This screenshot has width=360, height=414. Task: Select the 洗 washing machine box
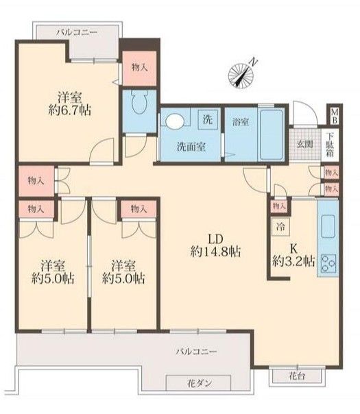click(208, 120)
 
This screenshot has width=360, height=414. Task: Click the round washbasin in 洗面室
click(175, 121)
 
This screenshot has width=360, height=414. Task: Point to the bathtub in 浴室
click(272, 134)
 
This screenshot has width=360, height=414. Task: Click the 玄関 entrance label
click(304, 144)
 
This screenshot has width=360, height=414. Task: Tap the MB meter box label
click(334, 117)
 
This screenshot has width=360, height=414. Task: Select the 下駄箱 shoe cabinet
click(330, 145)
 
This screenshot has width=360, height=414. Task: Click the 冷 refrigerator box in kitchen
click(280, 227)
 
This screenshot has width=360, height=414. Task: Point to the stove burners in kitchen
click(328, 263)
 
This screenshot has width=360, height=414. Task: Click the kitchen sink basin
click(328, 226)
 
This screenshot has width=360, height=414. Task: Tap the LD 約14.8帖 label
click(215, 245)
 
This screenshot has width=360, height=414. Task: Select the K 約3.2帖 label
click(293, 255)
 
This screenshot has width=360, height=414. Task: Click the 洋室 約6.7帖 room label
click(70, 103)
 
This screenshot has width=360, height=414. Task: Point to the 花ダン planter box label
click(200, 383)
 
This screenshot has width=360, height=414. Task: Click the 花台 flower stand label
click(297, 376)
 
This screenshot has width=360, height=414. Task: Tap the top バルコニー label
click(77, 32)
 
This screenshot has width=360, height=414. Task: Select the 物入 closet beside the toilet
click(139, 68)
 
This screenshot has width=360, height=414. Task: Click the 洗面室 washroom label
click(191, 147)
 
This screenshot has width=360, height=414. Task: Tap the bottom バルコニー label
click(197, 352)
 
